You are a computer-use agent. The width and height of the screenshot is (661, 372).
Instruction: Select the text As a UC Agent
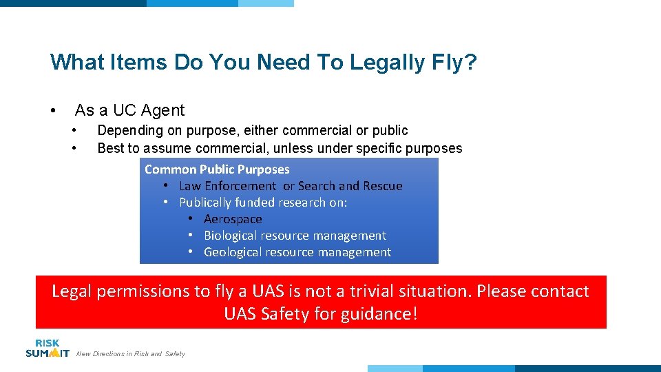[x=129, y=110]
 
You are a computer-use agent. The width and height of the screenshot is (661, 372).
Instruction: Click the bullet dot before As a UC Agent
[x=52, y=111]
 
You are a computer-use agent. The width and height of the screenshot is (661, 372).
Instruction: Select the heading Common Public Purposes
[x=217, y=169]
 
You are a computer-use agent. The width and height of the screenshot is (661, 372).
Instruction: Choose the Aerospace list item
[x=233, y=219]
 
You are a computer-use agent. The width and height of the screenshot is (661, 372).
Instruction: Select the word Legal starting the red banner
[x=72, y=291]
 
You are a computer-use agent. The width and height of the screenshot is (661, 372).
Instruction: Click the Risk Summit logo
[x=48, y=348]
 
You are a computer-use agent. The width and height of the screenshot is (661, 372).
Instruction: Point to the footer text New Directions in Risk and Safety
[x=131, y=354]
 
